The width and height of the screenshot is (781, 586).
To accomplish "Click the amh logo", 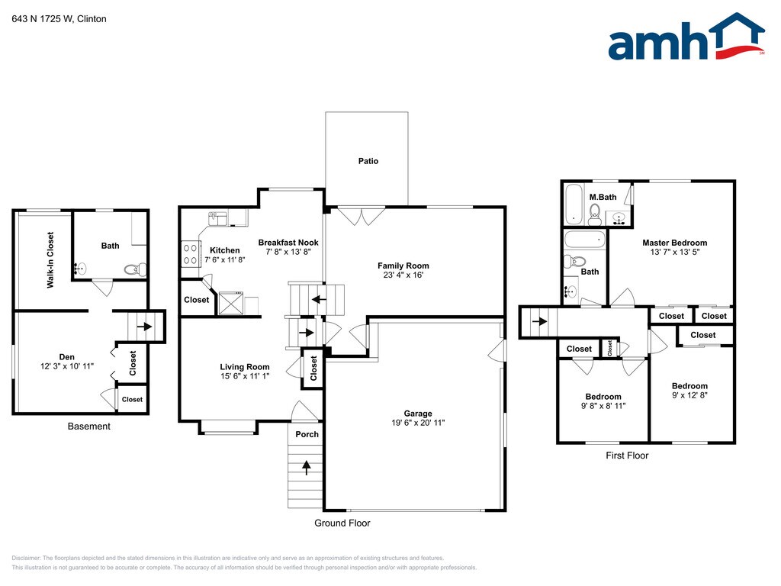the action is [x=686, y=37].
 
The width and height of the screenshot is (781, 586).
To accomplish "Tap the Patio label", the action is [x=368, y=161].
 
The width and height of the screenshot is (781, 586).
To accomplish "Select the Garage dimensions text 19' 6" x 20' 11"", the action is [x=418, y=423].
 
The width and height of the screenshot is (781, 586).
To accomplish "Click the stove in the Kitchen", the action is [x=190, y=253].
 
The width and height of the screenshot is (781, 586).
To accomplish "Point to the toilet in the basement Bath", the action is [x=135, y=269].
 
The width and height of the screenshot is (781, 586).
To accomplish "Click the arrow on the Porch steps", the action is [x=307, y=468].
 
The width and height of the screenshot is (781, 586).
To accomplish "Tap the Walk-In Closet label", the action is [x=50, y=260].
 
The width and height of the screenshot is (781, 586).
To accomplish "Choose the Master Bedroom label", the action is [x=674, y=243].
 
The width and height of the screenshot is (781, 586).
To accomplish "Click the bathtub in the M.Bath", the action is [x=574, y=204].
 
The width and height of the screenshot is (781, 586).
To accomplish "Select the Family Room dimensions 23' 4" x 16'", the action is [x=403, y=275].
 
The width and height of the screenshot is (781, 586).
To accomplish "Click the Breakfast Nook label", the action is [x=288, y=243].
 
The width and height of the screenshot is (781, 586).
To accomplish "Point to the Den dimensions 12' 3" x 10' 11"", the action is [x=67, y=365].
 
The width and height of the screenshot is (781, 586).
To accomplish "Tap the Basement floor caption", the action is [x=88, y=426].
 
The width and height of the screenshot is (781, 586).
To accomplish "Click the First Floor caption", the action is [x=627, y=455].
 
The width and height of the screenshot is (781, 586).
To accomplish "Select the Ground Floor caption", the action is [x=342, y=523].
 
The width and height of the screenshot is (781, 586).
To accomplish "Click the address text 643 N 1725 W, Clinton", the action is [x=59, y=19].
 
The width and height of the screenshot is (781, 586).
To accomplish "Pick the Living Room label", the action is [x=245, y=367].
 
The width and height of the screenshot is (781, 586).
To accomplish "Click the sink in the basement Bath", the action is [x=80, y=269].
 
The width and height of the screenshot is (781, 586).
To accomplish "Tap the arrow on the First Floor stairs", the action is [x=539, y=321].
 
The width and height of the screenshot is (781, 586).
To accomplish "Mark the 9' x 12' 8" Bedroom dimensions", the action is [x=689, y=395].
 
